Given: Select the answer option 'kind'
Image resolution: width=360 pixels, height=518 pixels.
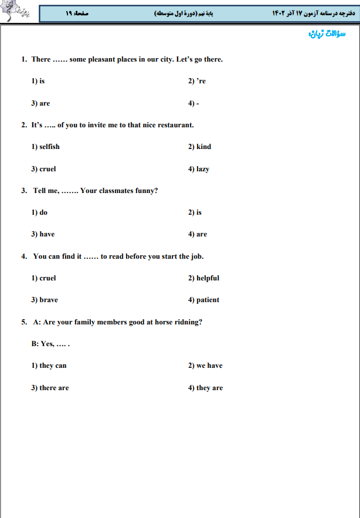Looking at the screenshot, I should click(203, 147).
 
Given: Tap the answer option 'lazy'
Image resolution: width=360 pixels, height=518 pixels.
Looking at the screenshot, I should click(202, 169).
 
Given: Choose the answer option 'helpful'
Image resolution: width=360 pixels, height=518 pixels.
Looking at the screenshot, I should click(208, 278).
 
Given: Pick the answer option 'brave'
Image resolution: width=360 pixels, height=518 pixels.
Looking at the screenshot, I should click(49, 300).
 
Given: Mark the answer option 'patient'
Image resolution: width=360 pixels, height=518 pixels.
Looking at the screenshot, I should click(208, 300).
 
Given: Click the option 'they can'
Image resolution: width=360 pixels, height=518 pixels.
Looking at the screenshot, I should click(53, 365).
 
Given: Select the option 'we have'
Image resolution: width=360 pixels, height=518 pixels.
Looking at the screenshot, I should click(209, 365).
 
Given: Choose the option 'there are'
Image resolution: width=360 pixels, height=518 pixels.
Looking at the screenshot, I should click(54, 388).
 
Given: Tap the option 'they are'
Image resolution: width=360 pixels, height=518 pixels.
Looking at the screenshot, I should click(209, 388).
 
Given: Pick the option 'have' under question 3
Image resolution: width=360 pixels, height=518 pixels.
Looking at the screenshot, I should click(47, 234).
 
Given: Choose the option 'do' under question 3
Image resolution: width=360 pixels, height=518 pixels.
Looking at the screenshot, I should click(43, 212).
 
